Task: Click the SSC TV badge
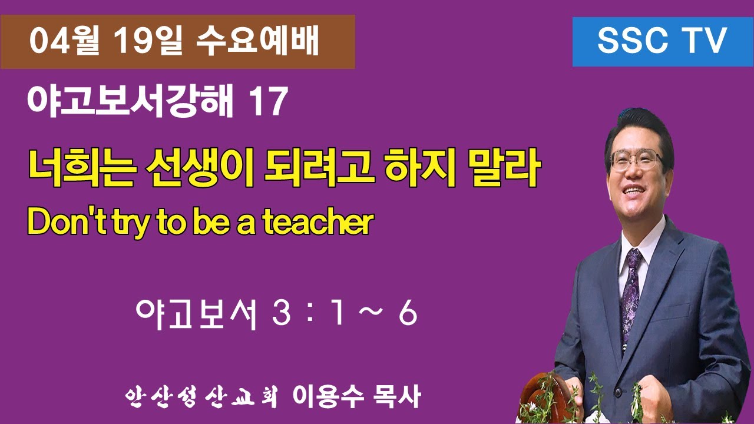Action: [663, 42]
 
